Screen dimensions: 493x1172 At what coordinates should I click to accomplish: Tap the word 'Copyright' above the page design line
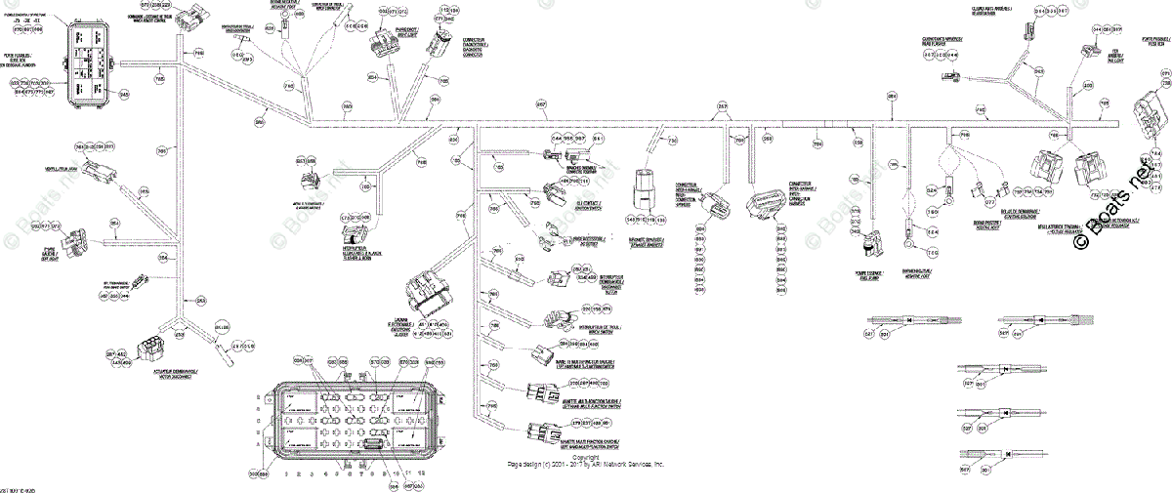[585, 456]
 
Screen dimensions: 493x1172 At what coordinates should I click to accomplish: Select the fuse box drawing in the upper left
[91, 62]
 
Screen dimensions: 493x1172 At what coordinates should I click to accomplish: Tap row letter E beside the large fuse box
[259, 396]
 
